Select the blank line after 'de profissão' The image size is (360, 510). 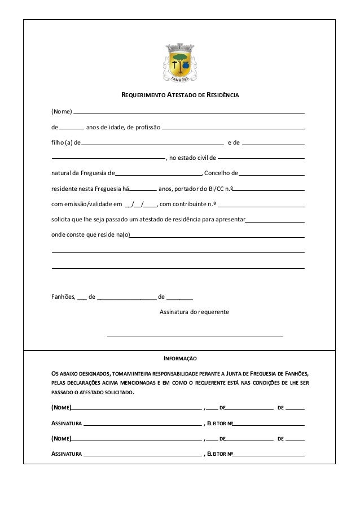click(x=233, y=127)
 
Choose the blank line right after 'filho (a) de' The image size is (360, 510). click(x=152, y=144)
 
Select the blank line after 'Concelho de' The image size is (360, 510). click(x=272, y=175)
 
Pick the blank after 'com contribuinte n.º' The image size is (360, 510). click(x=262, y=205)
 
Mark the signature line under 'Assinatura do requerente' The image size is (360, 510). click(x=195, y=336)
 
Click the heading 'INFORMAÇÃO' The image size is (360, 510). click(x=180, y=359)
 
